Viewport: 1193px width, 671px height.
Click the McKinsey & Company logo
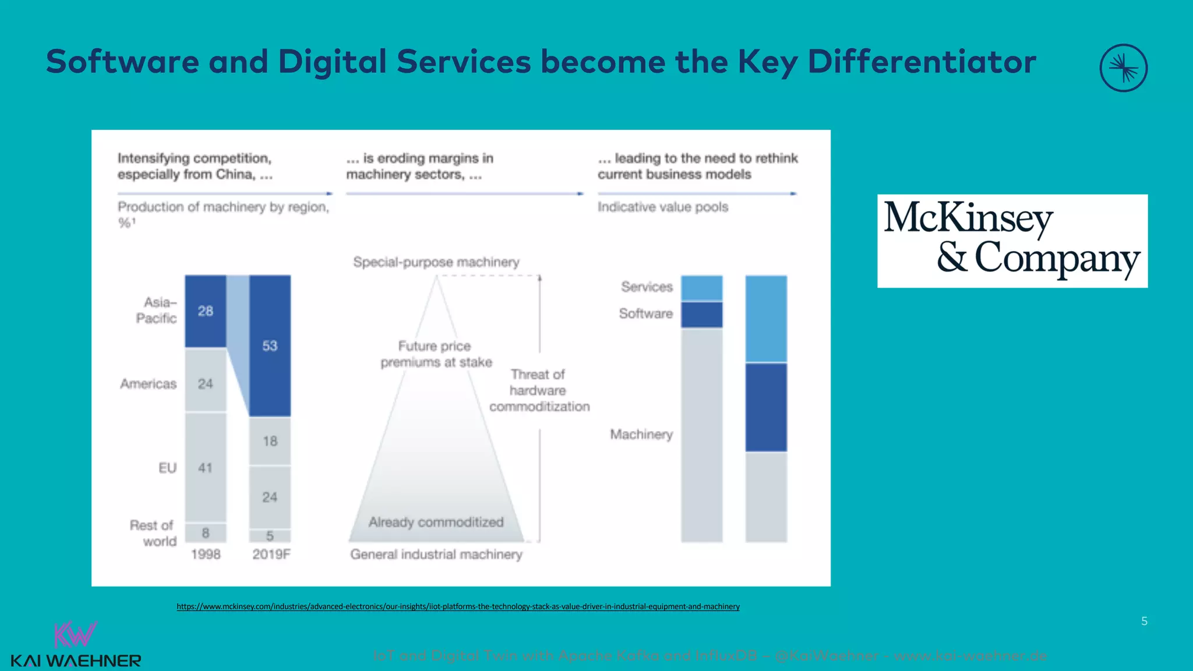click(x=1012, y=241)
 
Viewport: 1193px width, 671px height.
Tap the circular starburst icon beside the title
click(x=1123, y=68)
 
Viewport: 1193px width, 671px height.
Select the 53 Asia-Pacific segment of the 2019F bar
click(x=270, y=346)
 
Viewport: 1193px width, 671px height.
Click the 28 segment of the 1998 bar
click(x=206, y=311)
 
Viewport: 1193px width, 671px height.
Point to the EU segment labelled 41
click(x=206, y=468)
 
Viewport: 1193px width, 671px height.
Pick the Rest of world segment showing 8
click(x=206, y=533)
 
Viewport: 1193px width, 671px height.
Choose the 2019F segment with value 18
click(x=270, y=441)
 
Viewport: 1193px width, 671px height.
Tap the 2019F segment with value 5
click(x=270, y=536)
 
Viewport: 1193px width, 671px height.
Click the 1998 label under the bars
click(x=206, y=555)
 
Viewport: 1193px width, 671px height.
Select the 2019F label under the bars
click(x=271, y=555)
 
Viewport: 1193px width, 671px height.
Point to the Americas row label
click(x=148, y=384)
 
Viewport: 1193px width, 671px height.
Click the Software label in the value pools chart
click(x=645, y=314)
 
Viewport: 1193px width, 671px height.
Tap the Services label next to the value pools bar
click(x=647, y=287)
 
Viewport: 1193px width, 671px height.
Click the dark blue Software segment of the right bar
click(x=766, y=407)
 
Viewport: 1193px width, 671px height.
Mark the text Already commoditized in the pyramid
click(x=436, y=522)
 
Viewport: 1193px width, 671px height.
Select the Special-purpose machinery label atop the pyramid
click(x=436, y=262)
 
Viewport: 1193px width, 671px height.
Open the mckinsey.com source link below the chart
click(x=458, y=606)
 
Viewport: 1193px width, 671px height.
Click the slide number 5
click(x=1144, y=621)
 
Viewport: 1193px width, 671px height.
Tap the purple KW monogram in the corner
click(x=75, y=634)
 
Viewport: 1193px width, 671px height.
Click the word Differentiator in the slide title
click(x=922, y=62)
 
